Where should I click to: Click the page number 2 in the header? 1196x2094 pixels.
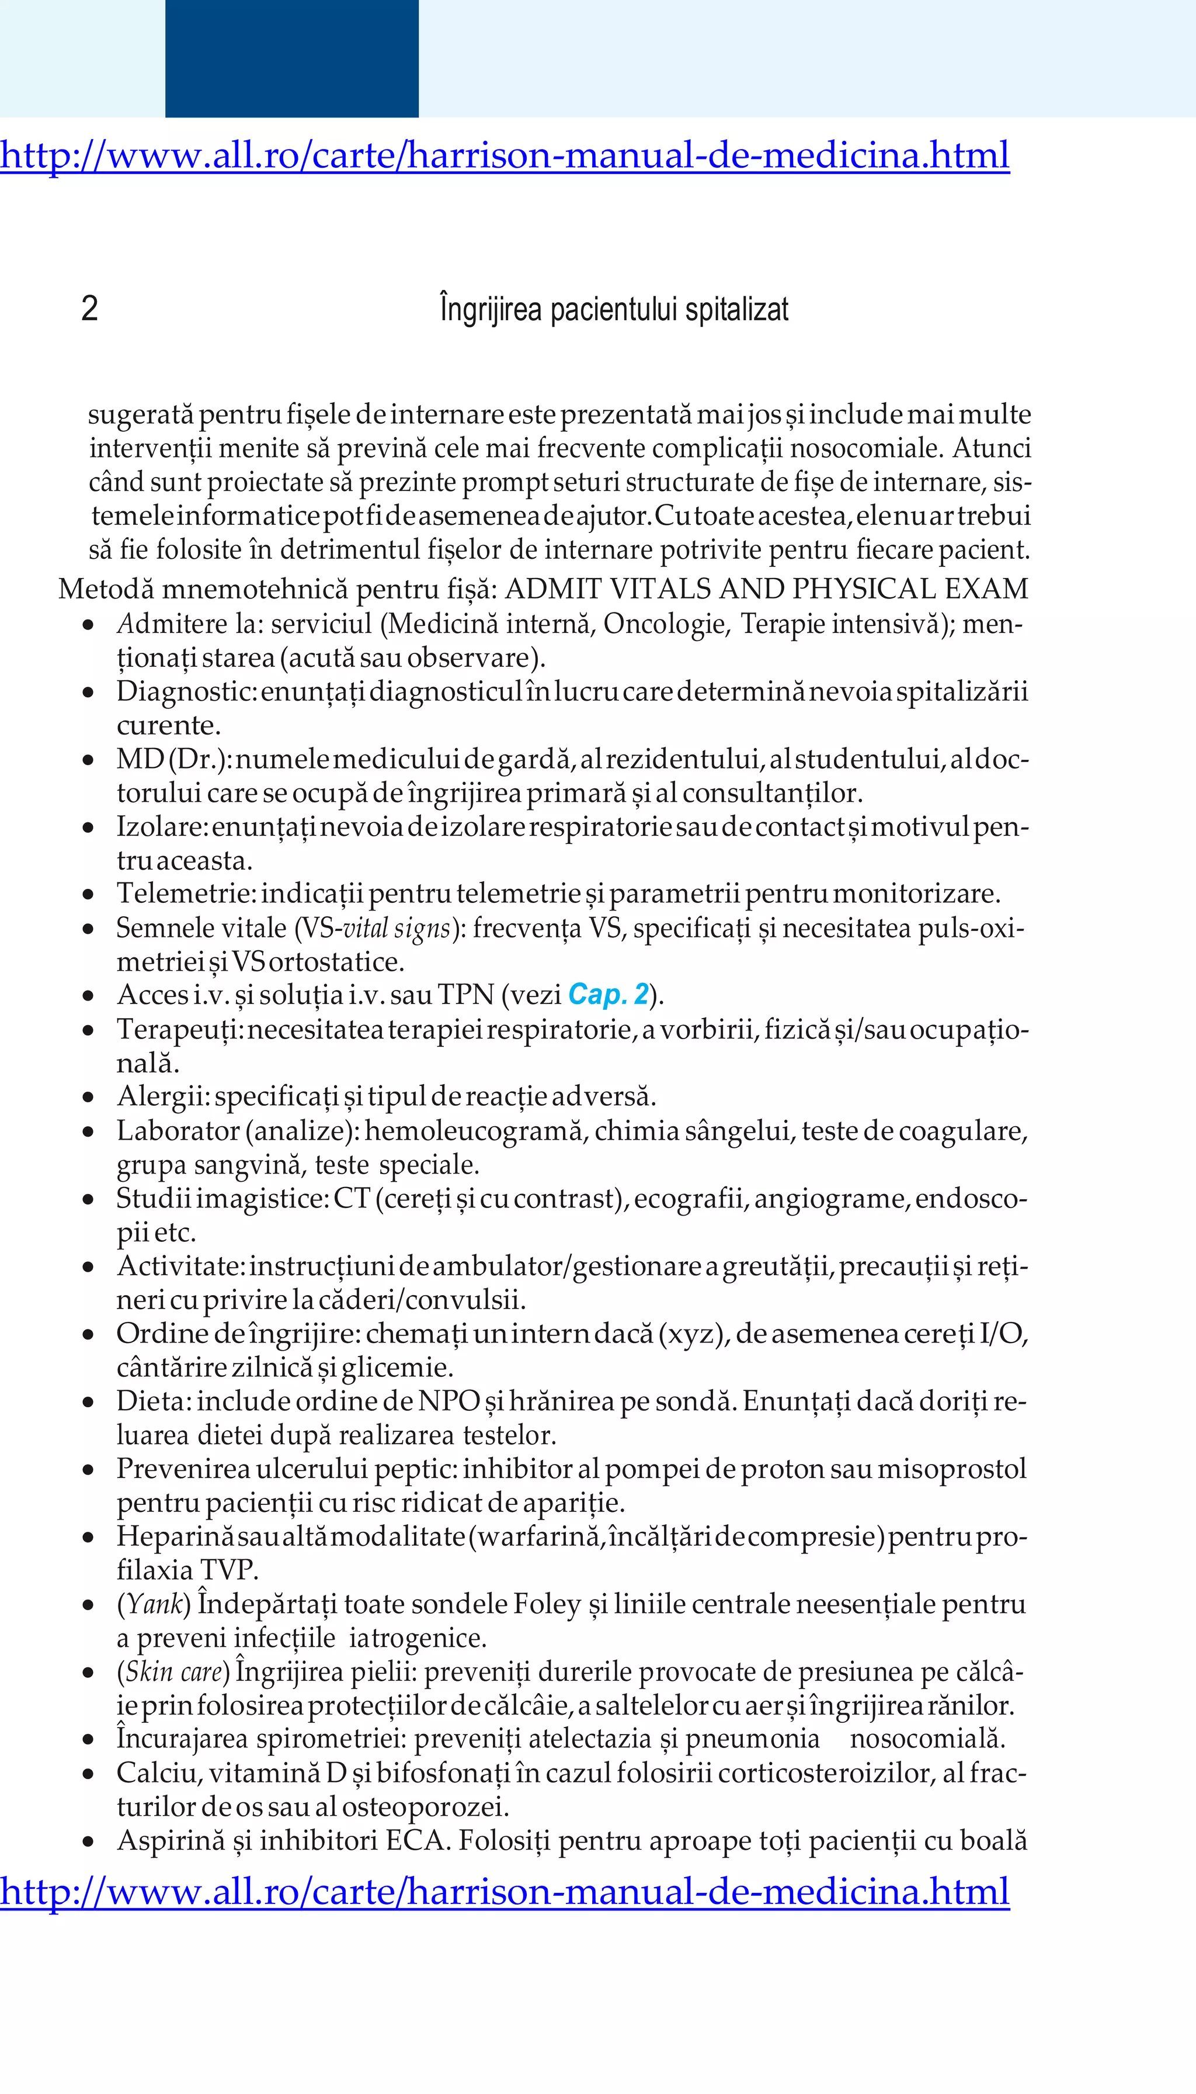(89, 309)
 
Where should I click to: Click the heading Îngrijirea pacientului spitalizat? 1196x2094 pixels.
(614, 310)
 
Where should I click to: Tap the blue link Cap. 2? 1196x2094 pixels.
(608, 995)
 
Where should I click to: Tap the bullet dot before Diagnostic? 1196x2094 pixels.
(89, 693)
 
